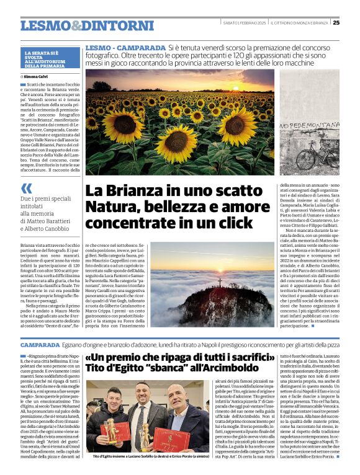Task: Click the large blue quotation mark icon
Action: (x=26, y=188)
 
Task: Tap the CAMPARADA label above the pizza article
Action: (x=40, y=344)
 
